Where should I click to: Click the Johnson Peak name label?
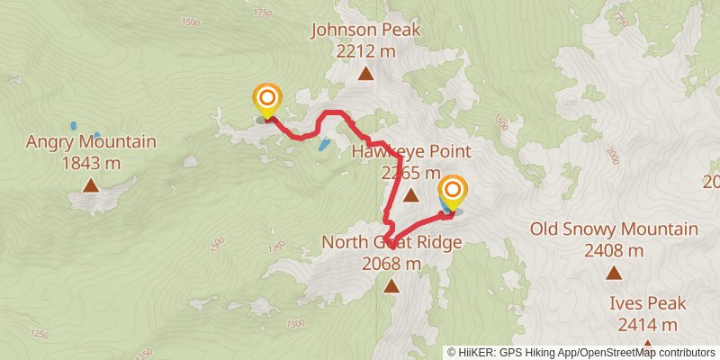pos(365,31)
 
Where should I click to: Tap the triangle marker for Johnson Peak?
pos(365,74)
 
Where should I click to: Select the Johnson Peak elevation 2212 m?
pos(365,51)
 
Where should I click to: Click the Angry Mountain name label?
pos(91,142)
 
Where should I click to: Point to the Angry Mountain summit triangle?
pos(91,185)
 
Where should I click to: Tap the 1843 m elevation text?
pos(91,163)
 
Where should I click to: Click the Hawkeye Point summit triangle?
pos(410,194)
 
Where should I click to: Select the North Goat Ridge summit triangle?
pos(391,286)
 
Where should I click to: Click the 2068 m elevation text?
pos(391,264)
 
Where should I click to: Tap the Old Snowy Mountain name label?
pos(614,229)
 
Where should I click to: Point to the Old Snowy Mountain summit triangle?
pos(614,272)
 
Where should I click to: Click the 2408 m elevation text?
pos(614,250)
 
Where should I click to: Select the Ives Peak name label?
pos(648,303)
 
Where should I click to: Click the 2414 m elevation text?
pos(648,324)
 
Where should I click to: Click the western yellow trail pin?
pos(267,99)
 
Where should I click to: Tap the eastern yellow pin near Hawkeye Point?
pos(453,192)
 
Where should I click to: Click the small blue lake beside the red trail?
pos(323,144)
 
